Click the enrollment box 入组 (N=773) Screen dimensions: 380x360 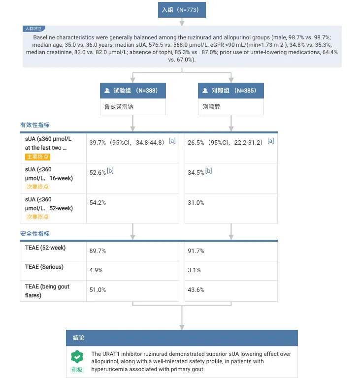(181, 9)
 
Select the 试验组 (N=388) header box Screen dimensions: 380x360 (132, 91)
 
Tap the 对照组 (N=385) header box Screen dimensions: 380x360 (231, 91)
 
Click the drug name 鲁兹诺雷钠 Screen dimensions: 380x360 (119, 106)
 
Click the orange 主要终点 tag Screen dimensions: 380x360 (37, 157)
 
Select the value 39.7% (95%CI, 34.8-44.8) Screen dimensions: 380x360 (126, 143)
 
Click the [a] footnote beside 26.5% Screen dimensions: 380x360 (270, 141)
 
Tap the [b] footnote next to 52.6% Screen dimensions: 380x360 (110, 171)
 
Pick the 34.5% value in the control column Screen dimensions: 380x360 (196, 173)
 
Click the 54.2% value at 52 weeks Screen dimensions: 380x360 (98, 203)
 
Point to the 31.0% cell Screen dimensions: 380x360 (196, 203)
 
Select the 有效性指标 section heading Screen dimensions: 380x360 (34, 125)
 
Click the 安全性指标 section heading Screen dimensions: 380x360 (34, 233)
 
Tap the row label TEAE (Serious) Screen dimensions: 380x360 (44, 267)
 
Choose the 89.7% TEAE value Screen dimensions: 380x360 (98, 251)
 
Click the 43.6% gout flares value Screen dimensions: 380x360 (196, 290)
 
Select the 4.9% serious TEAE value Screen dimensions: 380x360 (96, 270)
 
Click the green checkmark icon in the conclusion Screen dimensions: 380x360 (77, 356)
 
